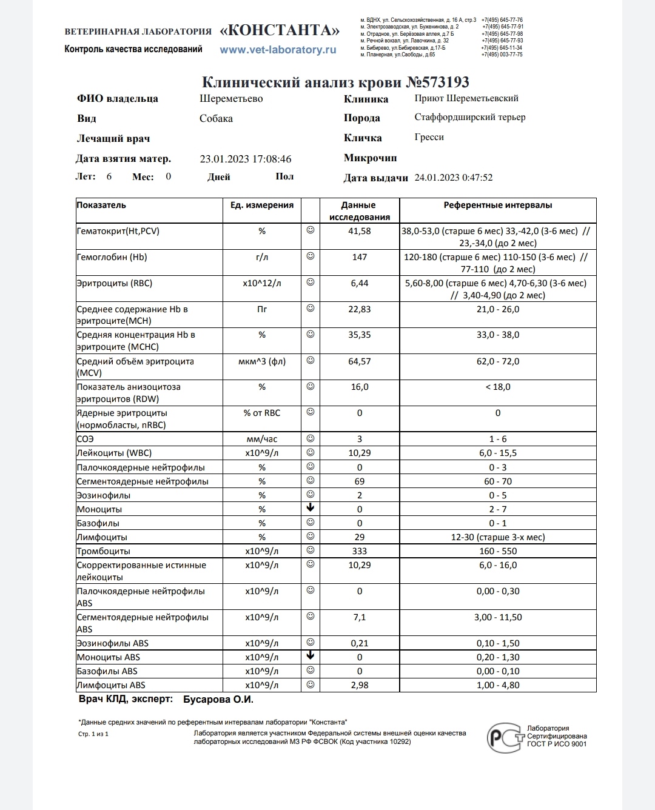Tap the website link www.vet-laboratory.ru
278,50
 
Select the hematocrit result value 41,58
360,231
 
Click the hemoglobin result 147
360,257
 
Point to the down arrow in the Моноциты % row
311,508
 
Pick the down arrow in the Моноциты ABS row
311,655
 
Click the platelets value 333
360,551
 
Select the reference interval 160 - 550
498,551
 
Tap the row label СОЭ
86,439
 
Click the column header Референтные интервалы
498,206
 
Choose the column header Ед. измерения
262,206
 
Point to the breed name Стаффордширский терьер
470,117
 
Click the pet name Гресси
429,137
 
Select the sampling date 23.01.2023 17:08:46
246,159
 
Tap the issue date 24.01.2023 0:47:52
454,178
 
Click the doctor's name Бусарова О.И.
218,700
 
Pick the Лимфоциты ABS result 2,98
360,685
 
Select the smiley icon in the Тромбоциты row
311,551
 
